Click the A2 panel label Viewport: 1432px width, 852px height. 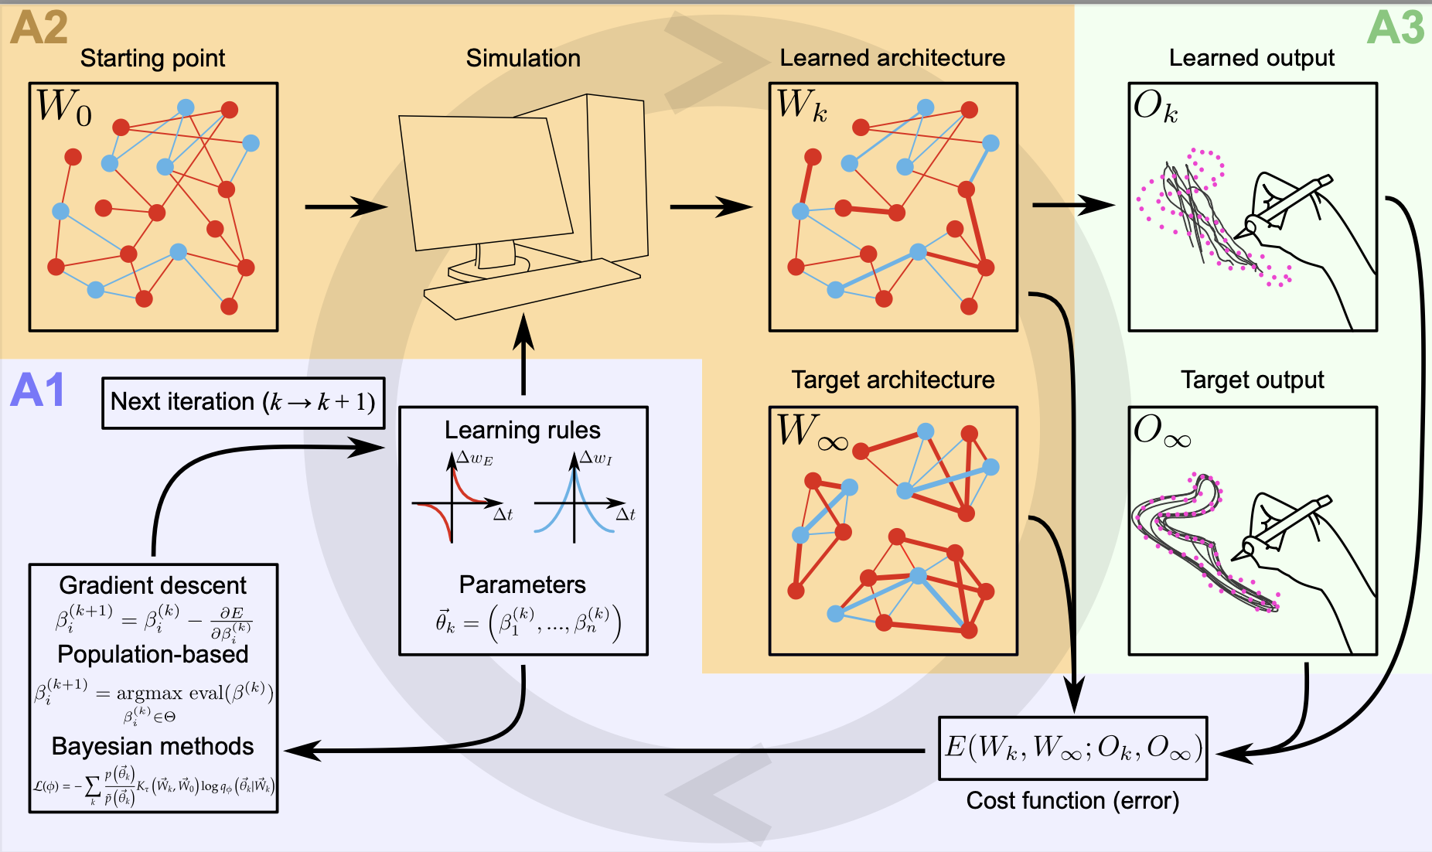pyautogui.click(x=39, y=29)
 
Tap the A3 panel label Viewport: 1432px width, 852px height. pyautogui.click(x=1395, y=29)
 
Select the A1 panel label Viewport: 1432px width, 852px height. pyautogui.click(x=37, y=390)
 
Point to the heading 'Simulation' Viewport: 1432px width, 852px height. pyautogui.click(x=523, y=58)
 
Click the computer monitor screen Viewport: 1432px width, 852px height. pyautogui.click(x=486, y=182)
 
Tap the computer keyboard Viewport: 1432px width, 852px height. pyautogui.click(x=532, y=289)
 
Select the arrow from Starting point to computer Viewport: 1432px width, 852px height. pyautogui.click(x=345, y=206)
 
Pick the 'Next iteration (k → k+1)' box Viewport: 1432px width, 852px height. pyautogui.click(x=243, y=402)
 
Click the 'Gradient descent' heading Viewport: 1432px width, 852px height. pyautogui.click(x=152, y=585)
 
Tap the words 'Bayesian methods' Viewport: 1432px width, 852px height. pyautogui.click(x=152, y=746)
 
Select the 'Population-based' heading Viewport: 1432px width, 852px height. pyautogui.click(x=152, y=654)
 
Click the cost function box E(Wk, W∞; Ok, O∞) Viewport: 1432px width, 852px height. pyautogui.click(x=1072, y=748)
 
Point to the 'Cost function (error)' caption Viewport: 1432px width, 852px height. pyautogui.click(x=1072, y=800)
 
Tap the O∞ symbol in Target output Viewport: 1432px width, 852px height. pyautogui.click(x=1161, y=431)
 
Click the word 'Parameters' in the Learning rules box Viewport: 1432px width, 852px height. pyautogui.click(x=522, y=584)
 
